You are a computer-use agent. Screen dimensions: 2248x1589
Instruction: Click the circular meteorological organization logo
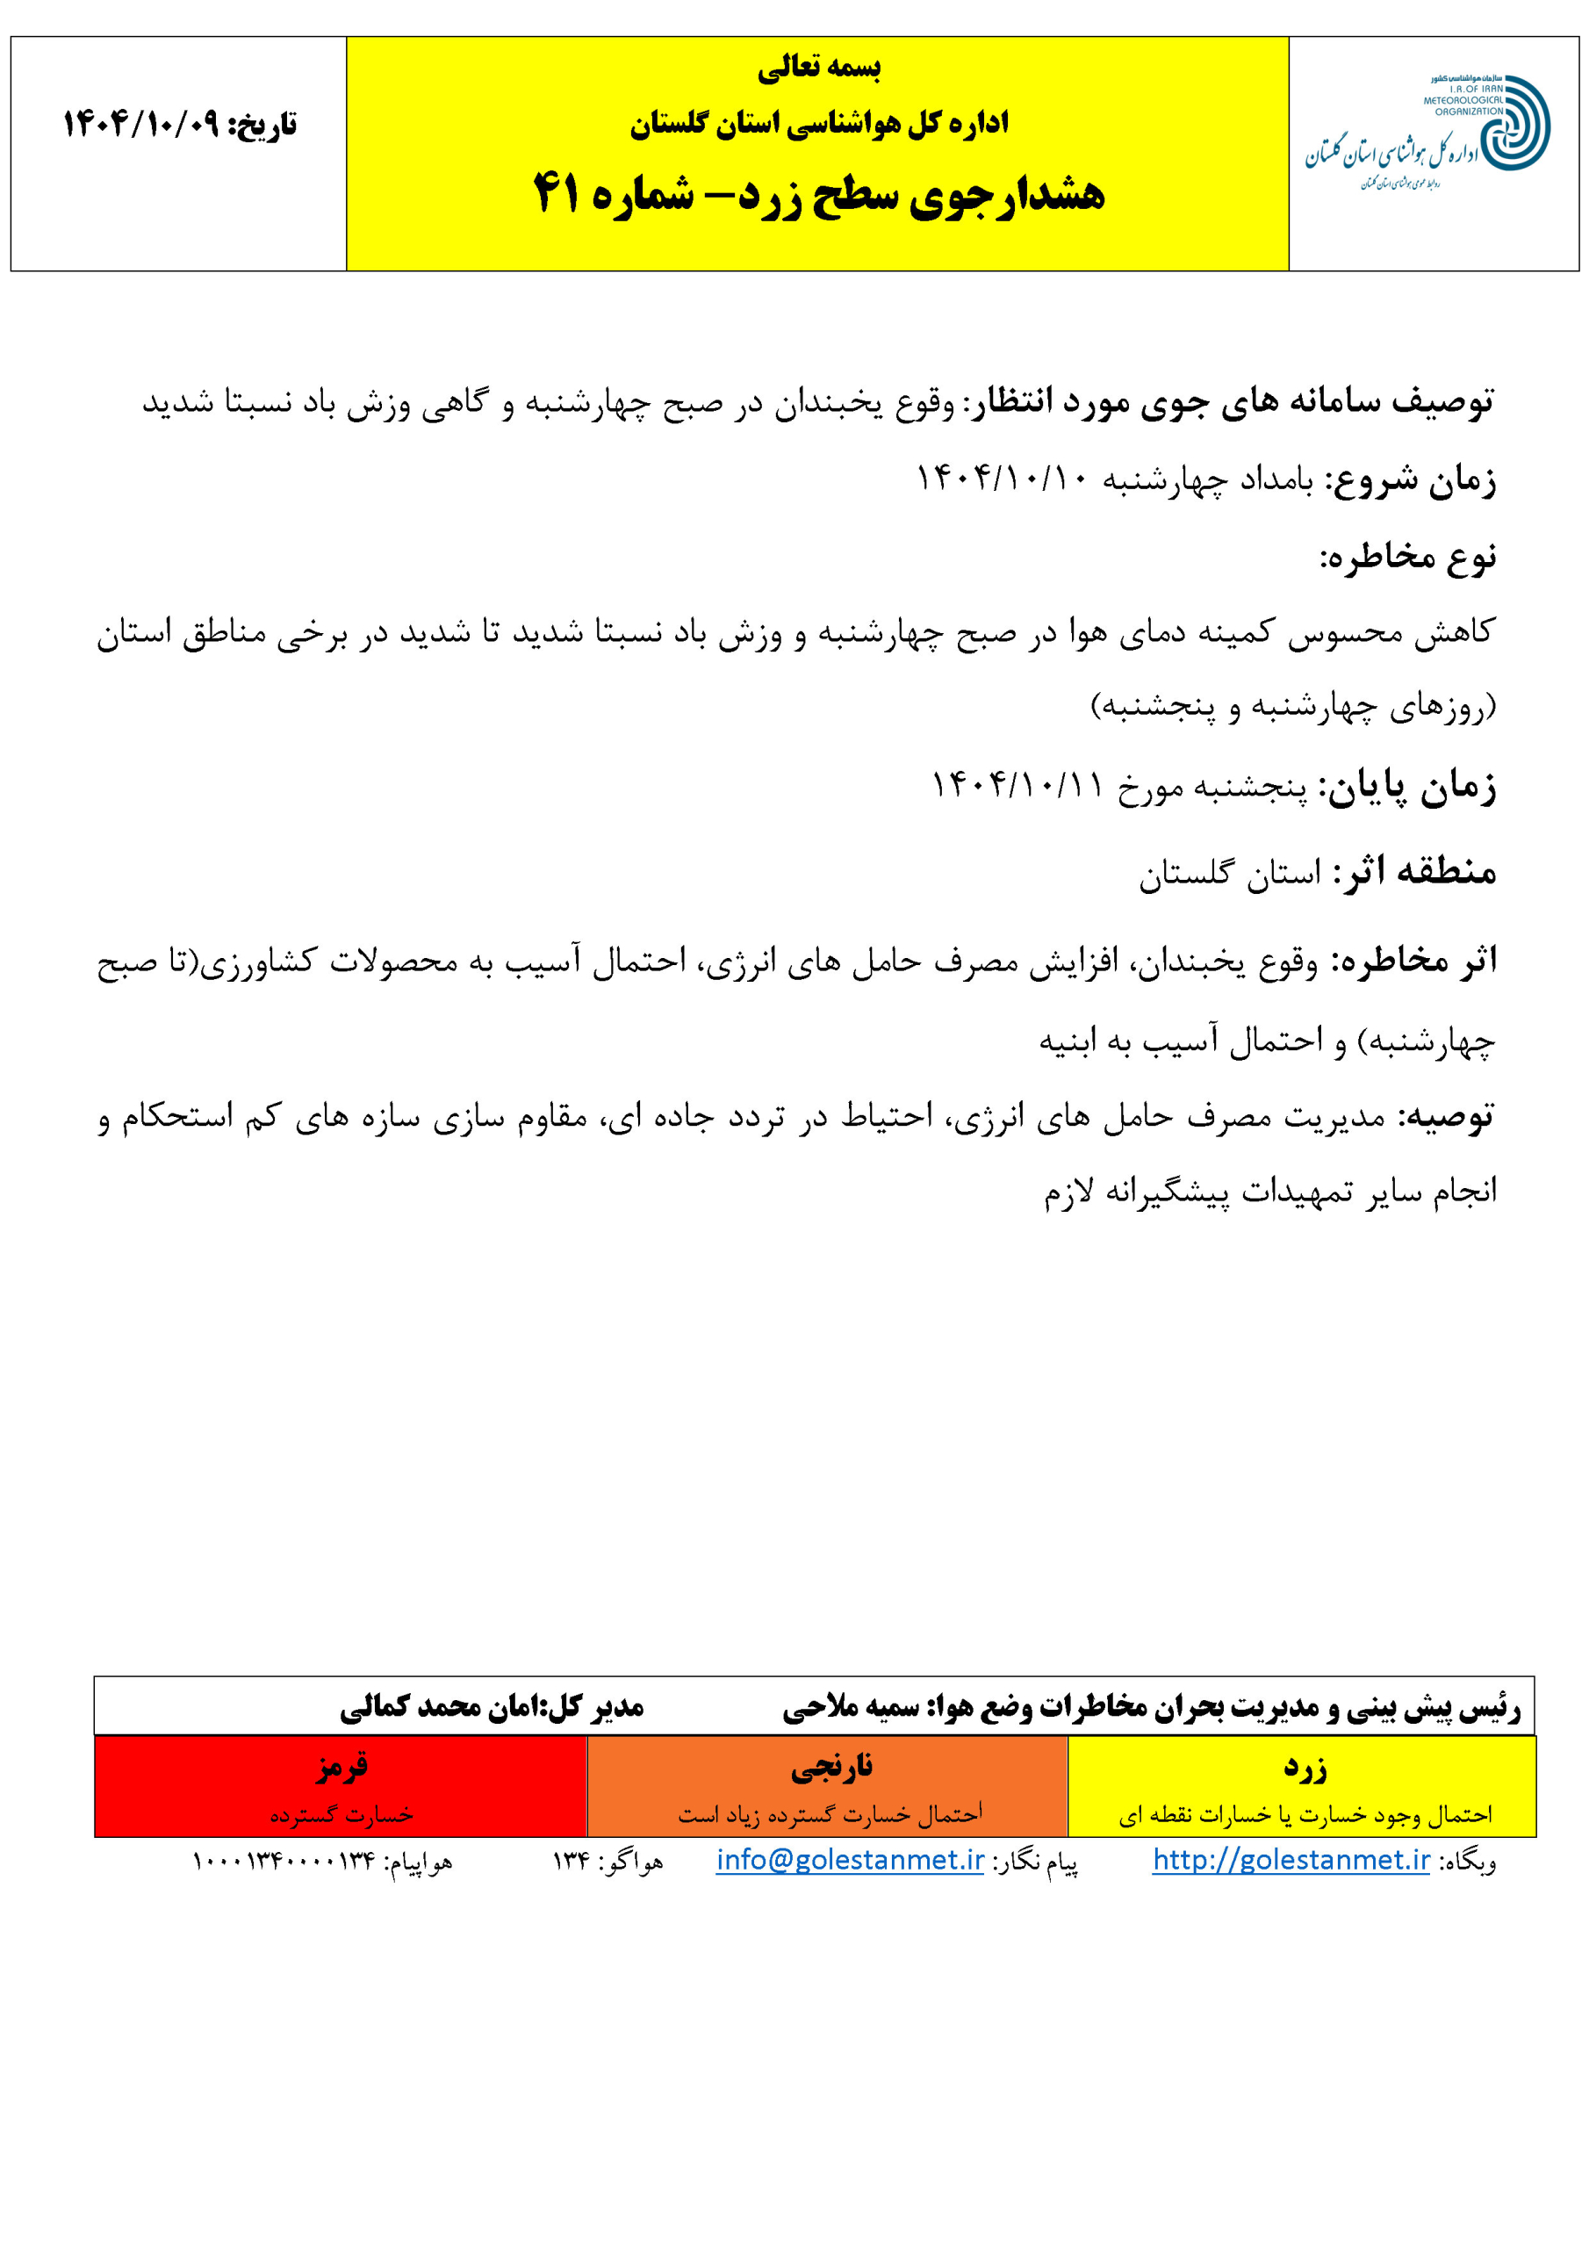(x=1513, y=123)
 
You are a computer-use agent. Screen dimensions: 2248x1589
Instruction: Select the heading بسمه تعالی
(x=818, y=68)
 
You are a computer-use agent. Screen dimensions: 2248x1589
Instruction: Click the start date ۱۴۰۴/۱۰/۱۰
(x=1003, y=479)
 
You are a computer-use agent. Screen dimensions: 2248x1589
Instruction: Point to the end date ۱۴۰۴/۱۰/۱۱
(x=1017, y=785)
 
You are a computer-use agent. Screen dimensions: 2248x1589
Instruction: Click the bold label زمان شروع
(x=1411, y=480)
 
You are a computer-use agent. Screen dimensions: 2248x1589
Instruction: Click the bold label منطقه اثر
(x=1413, y=871)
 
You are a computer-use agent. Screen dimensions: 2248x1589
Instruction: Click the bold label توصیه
(x=1445, y=1117)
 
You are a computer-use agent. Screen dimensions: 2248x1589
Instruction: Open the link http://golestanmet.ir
(x=1291, y=1859)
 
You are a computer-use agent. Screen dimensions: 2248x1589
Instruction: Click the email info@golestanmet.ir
(x=850, y=1859)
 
